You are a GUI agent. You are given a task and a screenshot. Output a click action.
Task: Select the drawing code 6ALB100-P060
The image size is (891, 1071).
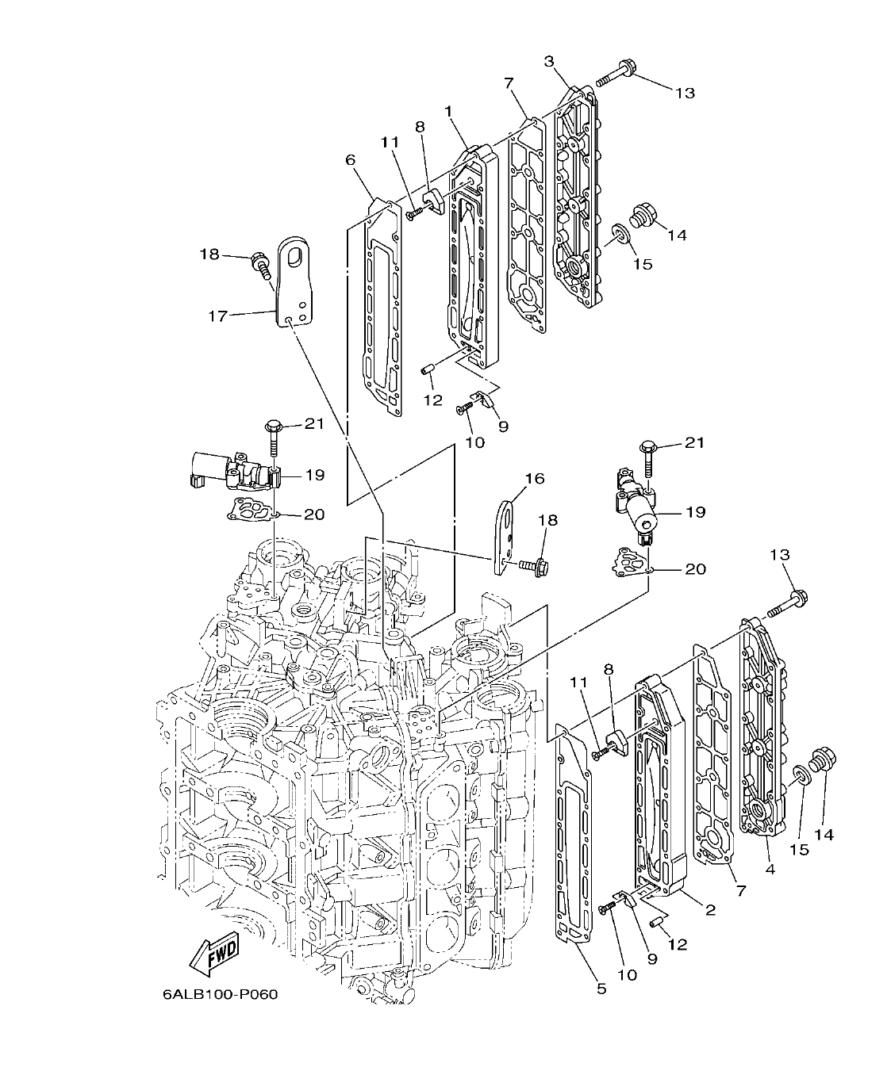click(x=220, y=994)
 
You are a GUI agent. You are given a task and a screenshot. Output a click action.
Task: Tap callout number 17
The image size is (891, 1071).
click(x=217, y=316)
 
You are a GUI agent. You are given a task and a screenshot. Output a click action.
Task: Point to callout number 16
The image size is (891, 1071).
click(x=534, y=478)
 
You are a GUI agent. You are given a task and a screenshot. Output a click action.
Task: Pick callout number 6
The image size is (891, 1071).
click(x=350, y=160)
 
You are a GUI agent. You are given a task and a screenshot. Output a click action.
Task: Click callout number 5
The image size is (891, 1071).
click(x=601, y=988)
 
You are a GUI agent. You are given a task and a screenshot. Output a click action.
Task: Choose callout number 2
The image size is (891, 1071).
click(x=710, y=910)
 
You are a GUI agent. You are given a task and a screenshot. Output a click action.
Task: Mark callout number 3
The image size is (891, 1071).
click(x=549, y=61)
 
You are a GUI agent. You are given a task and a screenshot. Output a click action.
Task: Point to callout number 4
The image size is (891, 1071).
click(x=770, y=869)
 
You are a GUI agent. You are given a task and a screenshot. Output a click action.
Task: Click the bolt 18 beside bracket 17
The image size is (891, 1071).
click(x=259, y=261)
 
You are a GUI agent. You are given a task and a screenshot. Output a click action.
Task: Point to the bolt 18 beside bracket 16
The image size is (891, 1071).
click(x=528, y=566)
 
